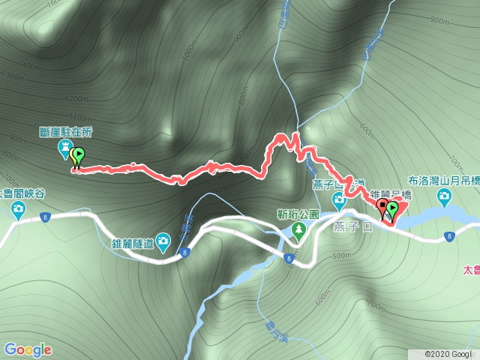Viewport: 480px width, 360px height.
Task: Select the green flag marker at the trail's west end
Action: (77, 157)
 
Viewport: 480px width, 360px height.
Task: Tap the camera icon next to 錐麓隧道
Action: (163, 241)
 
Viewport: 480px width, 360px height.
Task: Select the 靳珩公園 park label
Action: (298, 214)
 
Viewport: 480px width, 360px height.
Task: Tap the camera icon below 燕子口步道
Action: (338, 200)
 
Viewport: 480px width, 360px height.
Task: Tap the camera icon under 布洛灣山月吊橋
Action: (444, 197)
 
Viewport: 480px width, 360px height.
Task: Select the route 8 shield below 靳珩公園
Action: (288, 259)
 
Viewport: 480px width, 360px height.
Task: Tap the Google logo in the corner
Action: (28, 349)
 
